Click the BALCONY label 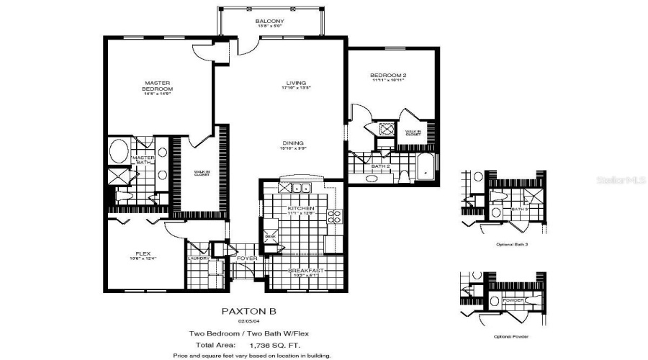269,22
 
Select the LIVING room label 293,84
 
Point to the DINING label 292,143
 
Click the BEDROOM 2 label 389,76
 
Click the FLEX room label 142,254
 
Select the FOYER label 247,258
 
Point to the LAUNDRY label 198,258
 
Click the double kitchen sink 299,188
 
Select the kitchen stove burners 334,215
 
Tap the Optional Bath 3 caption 513,245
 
